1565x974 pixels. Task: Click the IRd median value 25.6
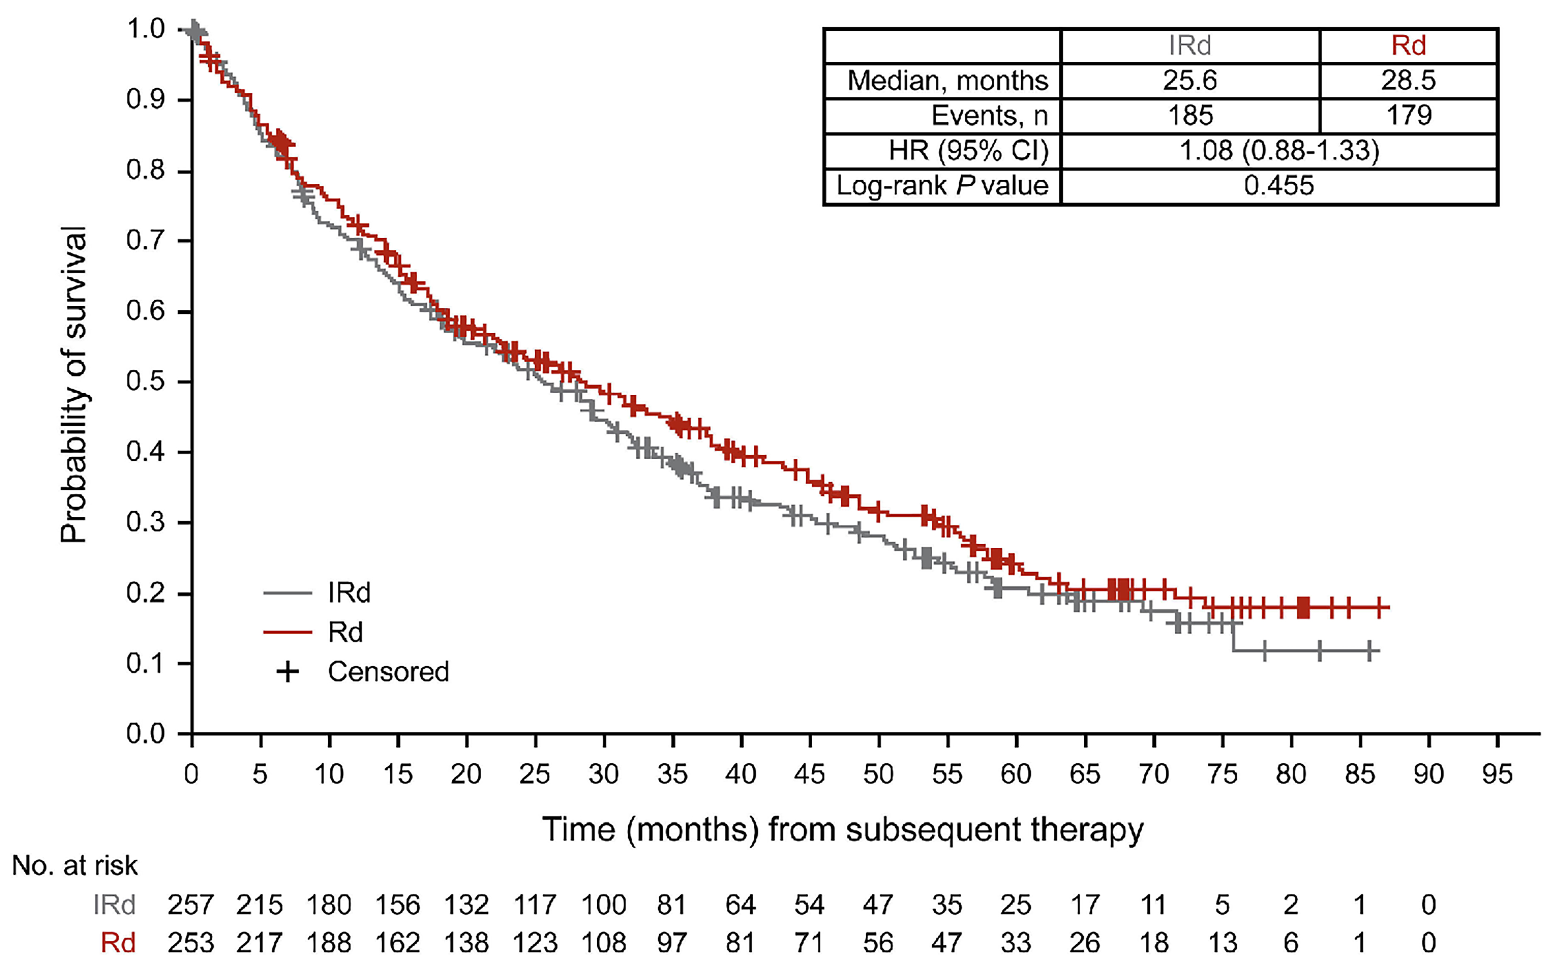1189,81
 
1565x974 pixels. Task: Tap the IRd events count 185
1190,115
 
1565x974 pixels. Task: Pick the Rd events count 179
1409,115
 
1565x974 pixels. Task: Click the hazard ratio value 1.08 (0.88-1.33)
1279,151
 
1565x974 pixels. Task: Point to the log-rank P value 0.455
1279,185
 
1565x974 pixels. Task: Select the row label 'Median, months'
947,81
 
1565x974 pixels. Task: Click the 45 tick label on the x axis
809,774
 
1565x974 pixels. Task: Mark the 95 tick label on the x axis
1497,774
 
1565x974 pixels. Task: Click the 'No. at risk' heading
75,866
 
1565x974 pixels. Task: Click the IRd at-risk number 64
740,905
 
